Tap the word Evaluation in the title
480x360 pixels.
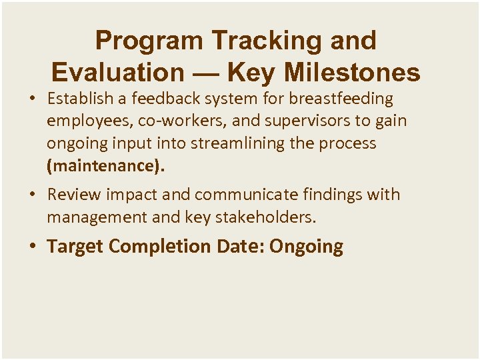point(117,72)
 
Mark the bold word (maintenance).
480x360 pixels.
point(105,166)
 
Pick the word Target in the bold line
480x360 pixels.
point(75,247)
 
